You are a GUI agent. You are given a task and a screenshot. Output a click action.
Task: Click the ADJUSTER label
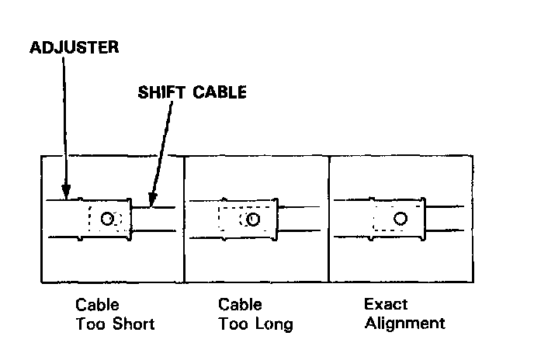pyautogui.click(x=74, y=47)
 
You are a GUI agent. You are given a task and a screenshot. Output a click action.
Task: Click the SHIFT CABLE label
pyautogui.click(x=192, y=92)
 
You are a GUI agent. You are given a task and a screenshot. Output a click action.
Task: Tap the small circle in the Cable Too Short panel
pyautogui.click(x=108, y=220)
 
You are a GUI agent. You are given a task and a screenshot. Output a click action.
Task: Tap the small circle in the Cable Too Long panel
pyautogui.click(x=253, y=220)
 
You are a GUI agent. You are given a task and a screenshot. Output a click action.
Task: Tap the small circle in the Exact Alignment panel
pyautogui.click(x=400, y=219)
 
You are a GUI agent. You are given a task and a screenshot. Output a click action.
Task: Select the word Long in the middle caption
pyautogui.click(x=276, y=323)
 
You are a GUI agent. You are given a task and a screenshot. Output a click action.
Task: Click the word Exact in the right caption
pyautogui.click(x=386, y=304)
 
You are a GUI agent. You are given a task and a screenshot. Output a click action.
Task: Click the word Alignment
pyautogui.click(x=404, y=323)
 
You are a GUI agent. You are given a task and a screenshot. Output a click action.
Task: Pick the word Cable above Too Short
pyautogui.click(x=97, y=304)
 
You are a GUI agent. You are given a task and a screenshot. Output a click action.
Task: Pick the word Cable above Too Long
pyautogui.click(x=240, y=304)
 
